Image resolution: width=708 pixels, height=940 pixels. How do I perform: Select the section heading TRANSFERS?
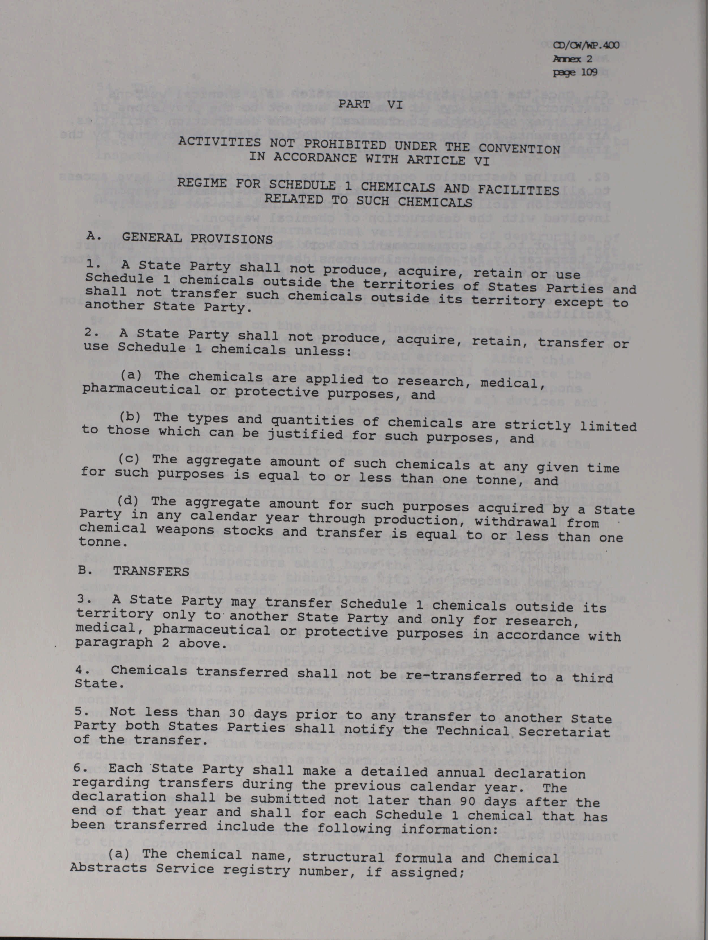click(151, 571)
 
